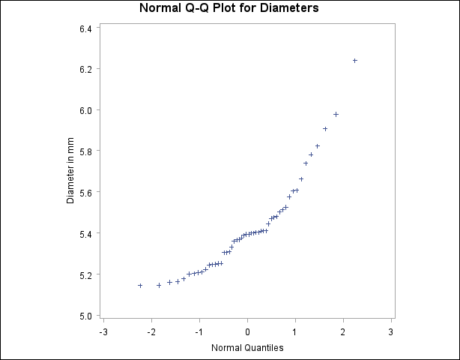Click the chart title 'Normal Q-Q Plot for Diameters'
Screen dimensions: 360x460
point(229,9)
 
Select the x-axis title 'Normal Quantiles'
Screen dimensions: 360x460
point(247,347)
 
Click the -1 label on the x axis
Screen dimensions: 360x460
point(199,331)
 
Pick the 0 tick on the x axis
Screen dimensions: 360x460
point(248,331)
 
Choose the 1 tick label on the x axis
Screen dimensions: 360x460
point(296,331)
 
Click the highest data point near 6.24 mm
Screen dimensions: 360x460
point(354,61)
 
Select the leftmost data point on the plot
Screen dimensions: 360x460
point(140,285)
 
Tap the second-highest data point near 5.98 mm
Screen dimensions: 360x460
point(336,114)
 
